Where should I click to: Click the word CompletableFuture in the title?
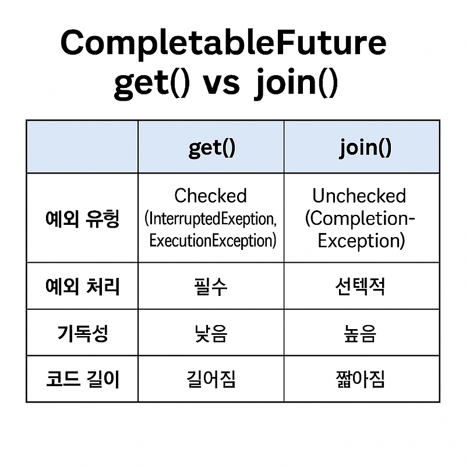tap(224, 44)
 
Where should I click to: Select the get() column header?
tap(211, 147)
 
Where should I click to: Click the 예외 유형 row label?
tap(82, 218)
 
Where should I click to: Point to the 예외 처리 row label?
tap(82, 286)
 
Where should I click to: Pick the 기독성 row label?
tap(82, 333)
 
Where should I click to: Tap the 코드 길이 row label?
tap(82, 379)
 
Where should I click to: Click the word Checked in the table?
tap(211, 196)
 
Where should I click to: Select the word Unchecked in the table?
tap(359, 196)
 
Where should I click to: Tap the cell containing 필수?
tap(211, 286)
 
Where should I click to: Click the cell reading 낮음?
tap(211, 333)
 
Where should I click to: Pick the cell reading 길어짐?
tap(211, 379)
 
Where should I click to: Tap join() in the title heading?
tap(295, 83)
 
